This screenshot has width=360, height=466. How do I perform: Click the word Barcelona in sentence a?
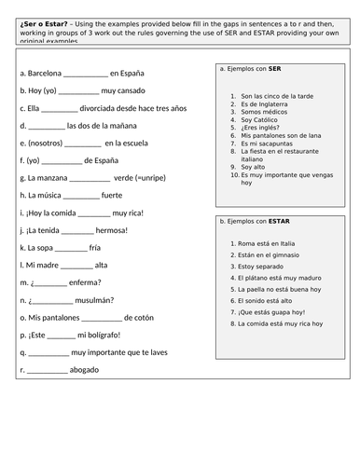tap(47, 72)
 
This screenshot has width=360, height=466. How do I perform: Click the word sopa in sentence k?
tap(43, 248)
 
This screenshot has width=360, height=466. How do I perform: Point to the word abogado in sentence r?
tap(89, 371)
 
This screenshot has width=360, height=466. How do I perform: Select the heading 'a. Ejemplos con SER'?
tap(249, 68)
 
